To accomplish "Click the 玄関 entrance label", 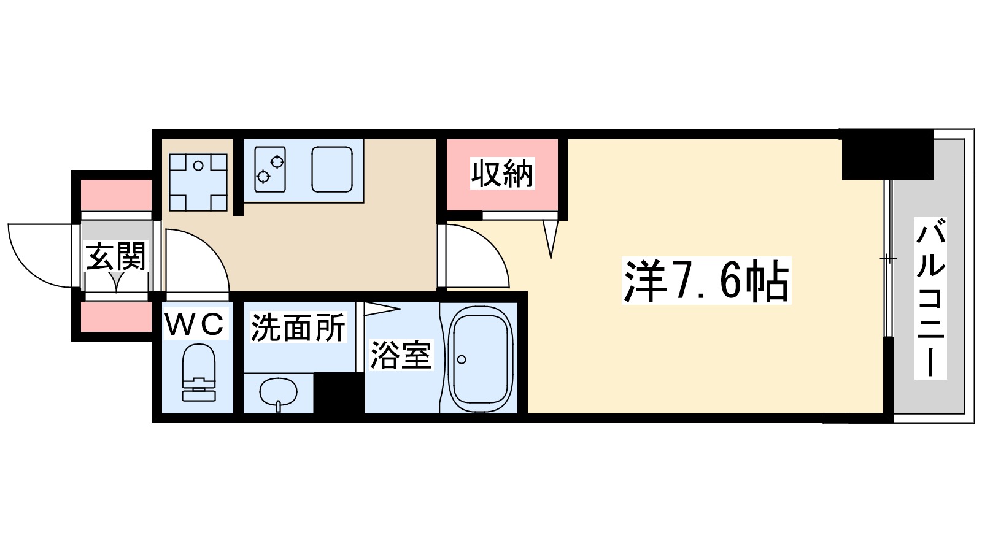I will coord(116,256).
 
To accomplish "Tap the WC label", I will coord(195,324).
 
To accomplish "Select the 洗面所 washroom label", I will coord(298,328).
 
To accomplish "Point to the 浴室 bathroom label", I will coord(400,355).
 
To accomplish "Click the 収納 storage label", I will coord(502,174).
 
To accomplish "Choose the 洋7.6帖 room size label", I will coord(706,281).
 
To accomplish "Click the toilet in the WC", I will coord(199,372).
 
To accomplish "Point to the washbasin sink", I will coord(278,393).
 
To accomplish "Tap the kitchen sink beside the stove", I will coord(331,169).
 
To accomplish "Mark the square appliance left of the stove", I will coord(198,182).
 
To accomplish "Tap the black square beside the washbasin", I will coord(339,393).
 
